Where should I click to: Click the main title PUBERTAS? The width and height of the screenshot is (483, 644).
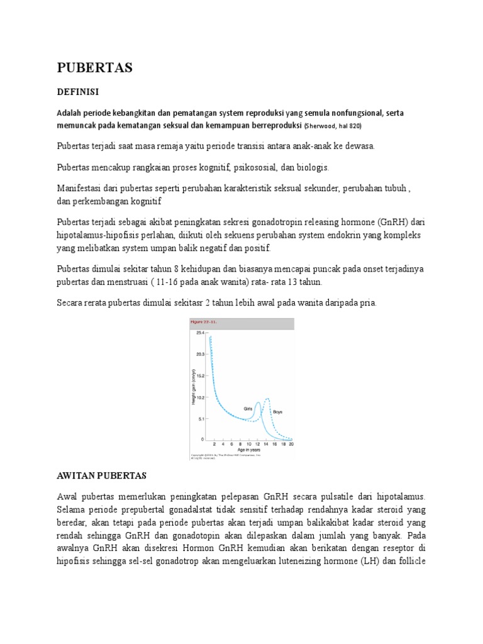(94, 68)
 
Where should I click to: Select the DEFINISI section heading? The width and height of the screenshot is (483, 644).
(78, 92)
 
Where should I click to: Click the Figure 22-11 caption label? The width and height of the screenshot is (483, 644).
(203, 321)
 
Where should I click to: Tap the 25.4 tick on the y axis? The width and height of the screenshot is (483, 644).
(200, 332)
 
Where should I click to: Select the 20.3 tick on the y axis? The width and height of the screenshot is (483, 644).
(200, 354)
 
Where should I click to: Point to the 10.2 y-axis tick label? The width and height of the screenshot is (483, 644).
(200, 397)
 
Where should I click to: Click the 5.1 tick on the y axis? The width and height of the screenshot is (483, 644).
(201, 418)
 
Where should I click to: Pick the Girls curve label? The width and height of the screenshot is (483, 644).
(248, 408)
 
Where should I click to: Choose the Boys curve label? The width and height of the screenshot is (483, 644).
(277, 412)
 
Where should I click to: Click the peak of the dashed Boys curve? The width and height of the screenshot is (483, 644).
(267, 399)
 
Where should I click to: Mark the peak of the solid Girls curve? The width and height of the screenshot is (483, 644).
(258, 402)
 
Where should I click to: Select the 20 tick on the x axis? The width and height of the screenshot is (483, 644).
(291, 443)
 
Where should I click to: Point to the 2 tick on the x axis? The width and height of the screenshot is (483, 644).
(214, 443)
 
